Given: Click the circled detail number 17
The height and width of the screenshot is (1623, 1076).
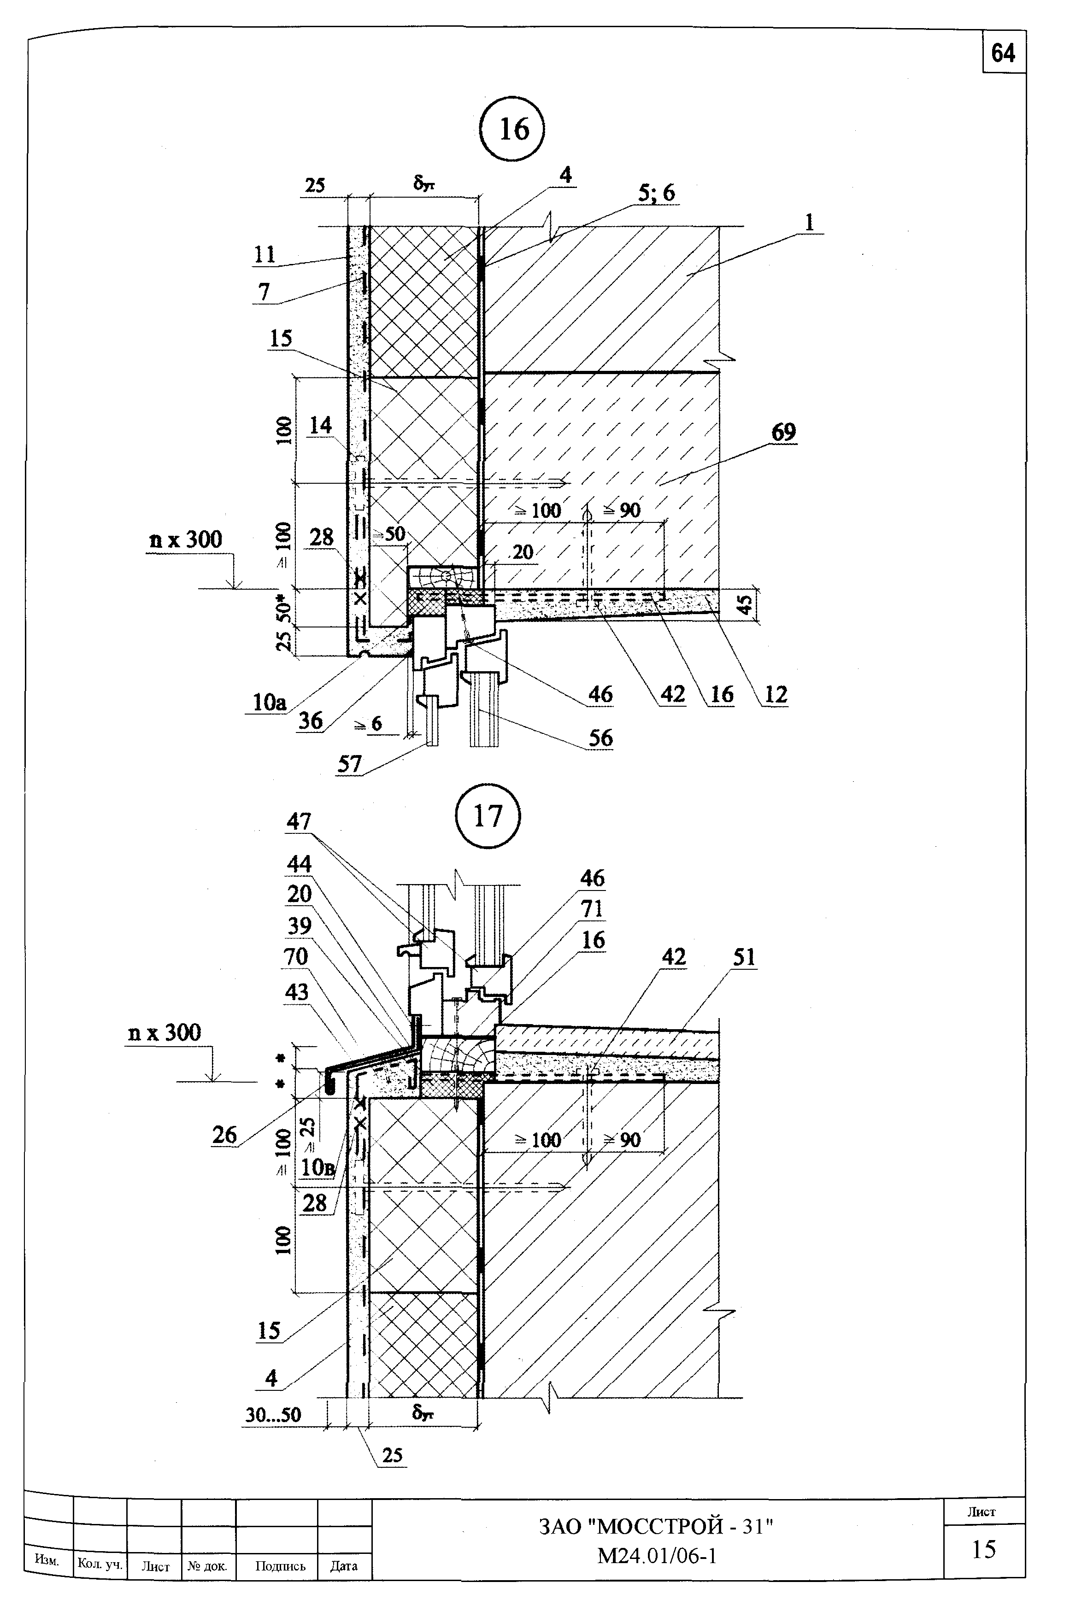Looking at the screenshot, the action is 488,816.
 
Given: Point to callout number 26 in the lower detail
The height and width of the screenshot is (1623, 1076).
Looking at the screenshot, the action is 224,1135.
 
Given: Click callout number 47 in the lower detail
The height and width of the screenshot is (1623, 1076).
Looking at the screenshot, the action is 299,821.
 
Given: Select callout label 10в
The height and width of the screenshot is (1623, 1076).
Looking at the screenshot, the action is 318,1167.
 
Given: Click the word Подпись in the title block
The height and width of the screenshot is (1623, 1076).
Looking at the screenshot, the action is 280,1565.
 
